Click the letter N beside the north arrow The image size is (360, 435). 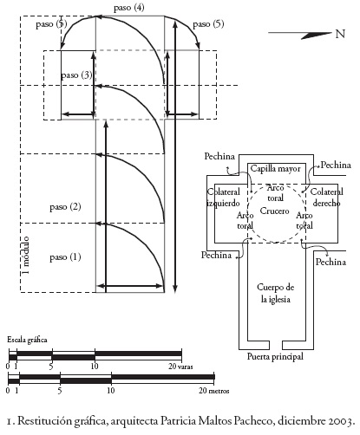[x=340, y=34]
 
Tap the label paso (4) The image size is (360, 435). [x=129, y=8]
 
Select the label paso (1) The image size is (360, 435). [x=65, y=257]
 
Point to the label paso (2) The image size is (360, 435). [x=65, y=207]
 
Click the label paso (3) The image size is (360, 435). [x=76, y=75]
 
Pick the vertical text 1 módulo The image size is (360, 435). [x=26, y=256]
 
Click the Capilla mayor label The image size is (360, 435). [x=275, y=169]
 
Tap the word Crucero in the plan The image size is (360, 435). [x=274, y=211]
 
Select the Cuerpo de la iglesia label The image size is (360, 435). [x=276, y=293]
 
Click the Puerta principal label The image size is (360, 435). [x=275, y=356]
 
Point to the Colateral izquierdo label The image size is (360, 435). [x=223, y=198]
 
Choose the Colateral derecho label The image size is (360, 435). [x=326, y=198]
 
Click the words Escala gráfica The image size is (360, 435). [x=27, y=340]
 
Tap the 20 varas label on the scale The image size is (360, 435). [x=180, y=367]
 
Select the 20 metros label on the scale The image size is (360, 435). [x=214, y=391]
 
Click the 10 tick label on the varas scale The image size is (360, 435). [x=95, y=367]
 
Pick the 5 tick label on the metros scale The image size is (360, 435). [x=60, y=391]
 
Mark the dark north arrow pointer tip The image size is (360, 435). [x=331, y=33]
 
